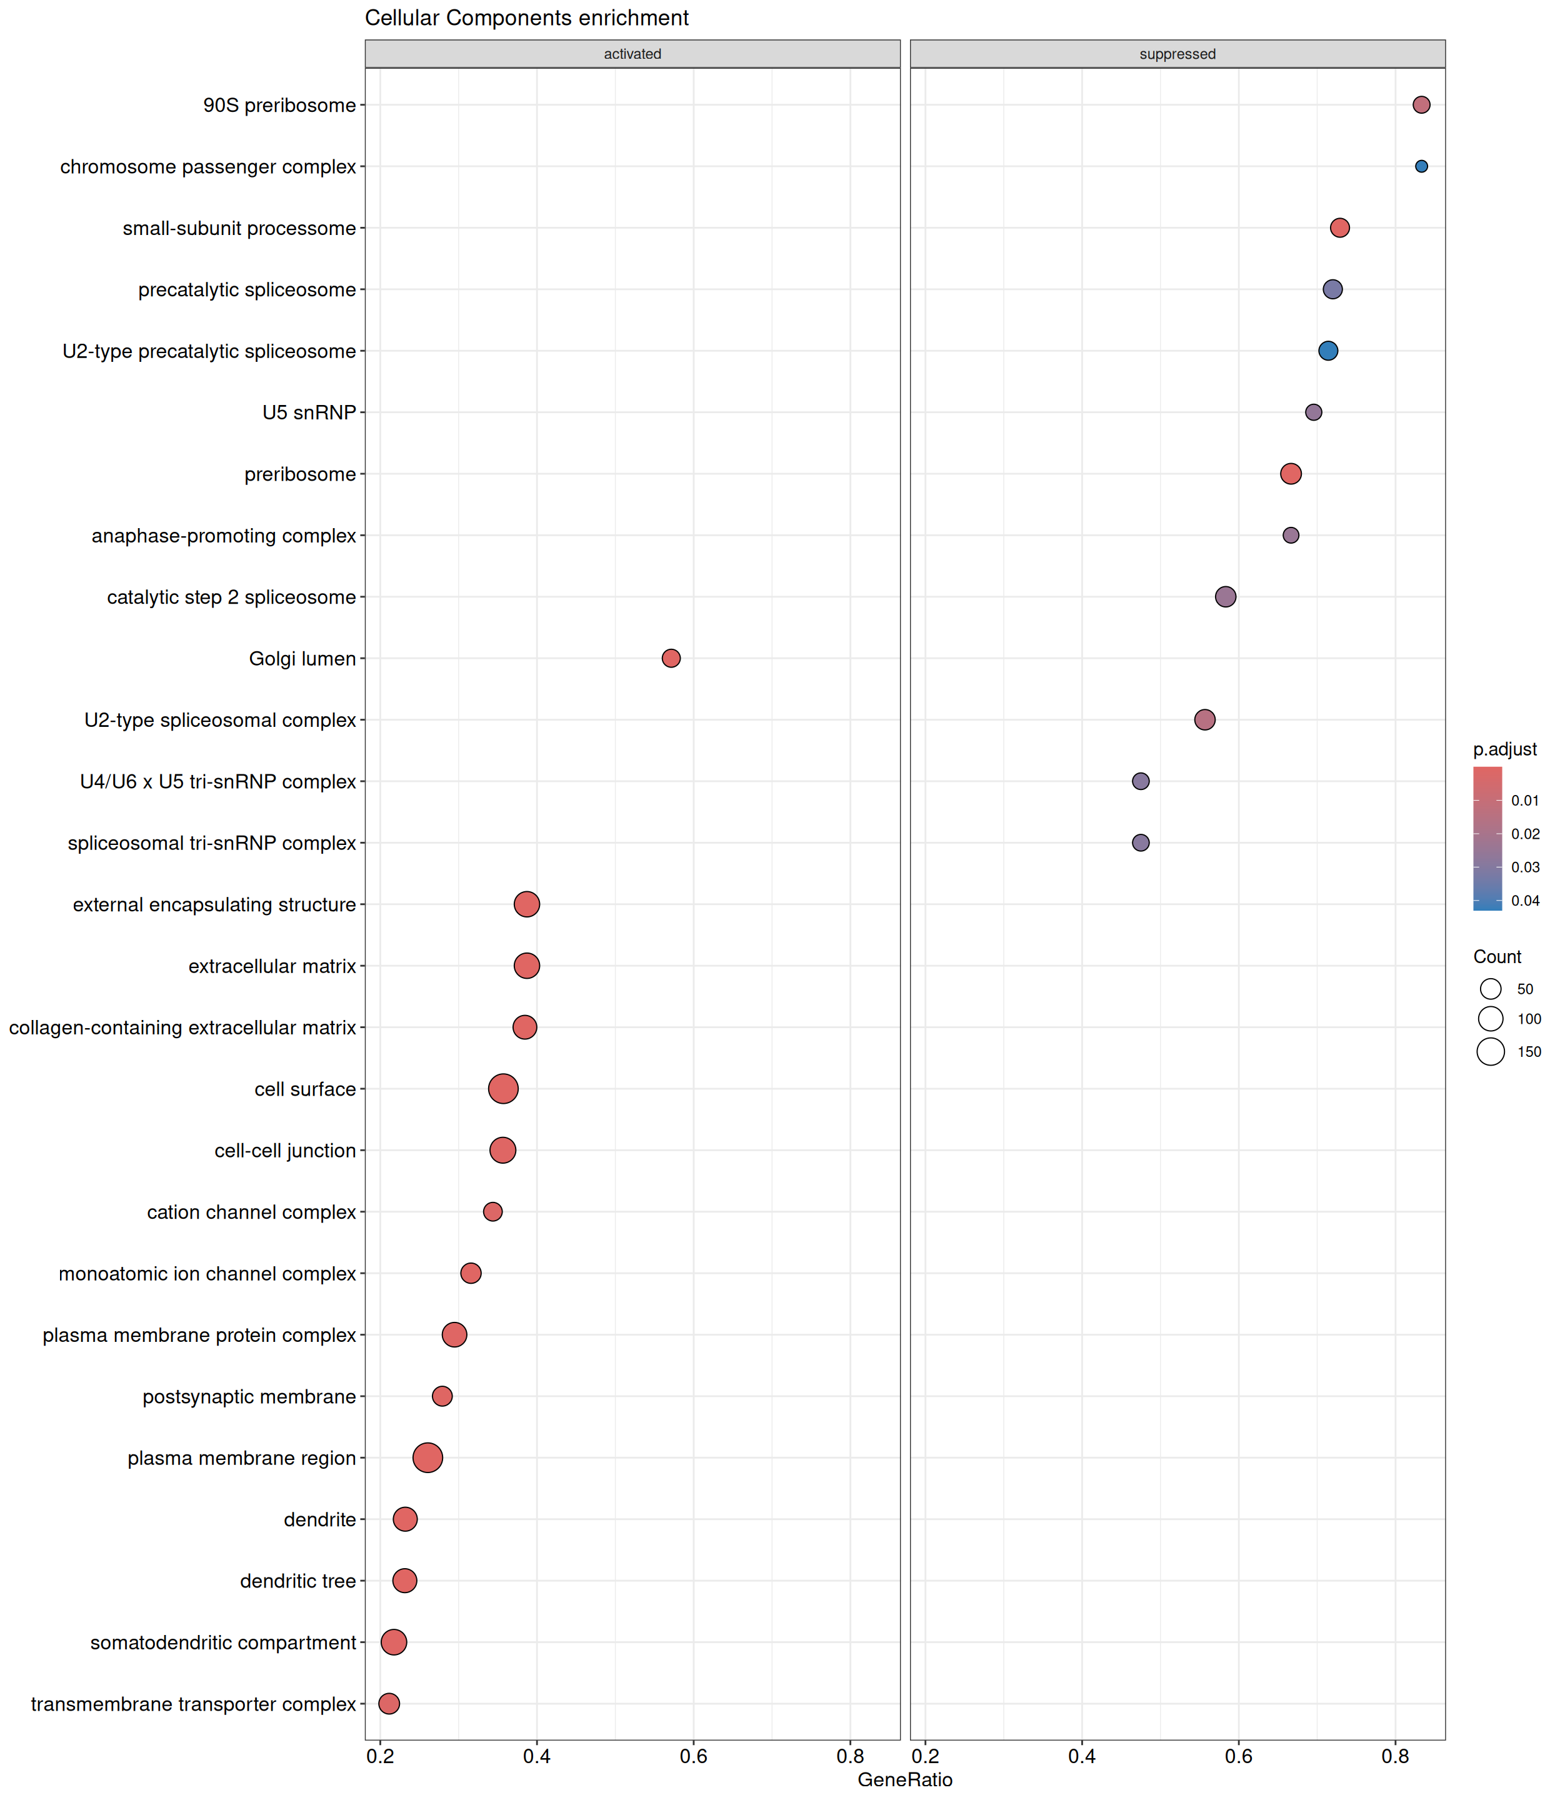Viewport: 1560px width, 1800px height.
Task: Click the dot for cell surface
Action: [503, 1088]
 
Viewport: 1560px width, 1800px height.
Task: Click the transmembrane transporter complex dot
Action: [389, 1703]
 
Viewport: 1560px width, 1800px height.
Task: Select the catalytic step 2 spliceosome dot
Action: [1225, 596]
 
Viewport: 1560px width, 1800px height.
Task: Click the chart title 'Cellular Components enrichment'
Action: [527, 18]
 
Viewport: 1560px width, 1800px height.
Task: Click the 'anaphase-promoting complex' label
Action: [224, 536]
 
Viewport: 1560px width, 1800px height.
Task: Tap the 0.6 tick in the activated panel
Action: [693, 1756]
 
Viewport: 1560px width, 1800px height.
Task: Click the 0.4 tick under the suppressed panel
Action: [1081, 1756]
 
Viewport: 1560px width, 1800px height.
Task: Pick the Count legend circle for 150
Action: [1491, 1051]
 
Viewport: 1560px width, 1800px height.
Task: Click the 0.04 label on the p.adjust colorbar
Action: [1525, 901]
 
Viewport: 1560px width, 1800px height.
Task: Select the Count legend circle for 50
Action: [1491, 989]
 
